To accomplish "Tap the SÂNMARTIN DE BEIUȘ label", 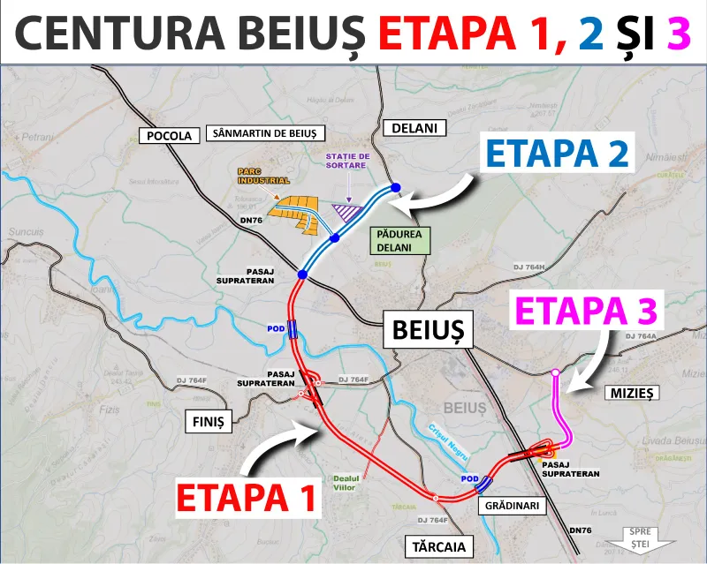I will [x=265, y=134].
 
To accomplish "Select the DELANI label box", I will [x=415, y=128].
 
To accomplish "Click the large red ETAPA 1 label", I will [x=247, y=498].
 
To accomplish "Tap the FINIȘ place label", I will [x=207, y=421].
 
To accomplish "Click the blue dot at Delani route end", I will [x=395, y=187].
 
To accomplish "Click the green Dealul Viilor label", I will [x=346, y=483].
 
